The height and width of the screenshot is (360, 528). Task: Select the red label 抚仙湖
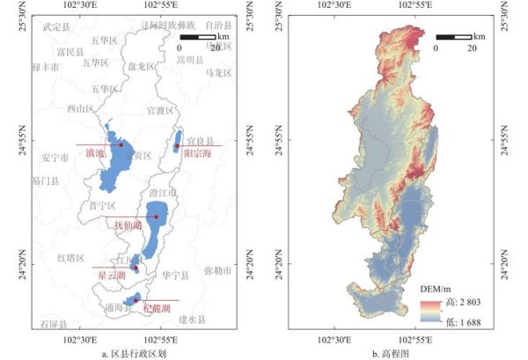tap(128, 225)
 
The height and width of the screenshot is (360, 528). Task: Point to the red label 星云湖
tap(111, 276)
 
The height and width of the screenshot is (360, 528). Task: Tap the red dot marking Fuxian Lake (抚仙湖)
tap(156, 217)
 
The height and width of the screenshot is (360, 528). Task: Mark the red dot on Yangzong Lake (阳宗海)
tap(177, 146)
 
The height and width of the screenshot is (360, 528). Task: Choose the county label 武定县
tap(57, 28)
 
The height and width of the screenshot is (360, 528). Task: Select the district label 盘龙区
tap(141, 65)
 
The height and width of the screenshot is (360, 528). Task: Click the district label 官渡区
tap(160, 111)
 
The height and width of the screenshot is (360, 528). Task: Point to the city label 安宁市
tap(55, 158)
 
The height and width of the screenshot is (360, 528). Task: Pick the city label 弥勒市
tap(216, 270)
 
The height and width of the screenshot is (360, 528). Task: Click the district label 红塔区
tap(70, 259)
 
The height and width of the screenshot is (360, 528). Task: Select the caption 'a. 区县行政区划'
tap(134, 353)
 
